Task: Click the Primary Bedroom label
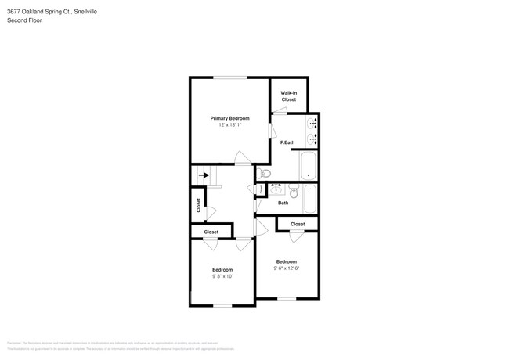click(229, 117)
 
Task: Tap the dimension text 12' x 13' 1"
click(229, 125)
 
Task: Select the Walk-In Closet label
click(288, 96)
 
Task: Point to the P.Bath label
click(287, 142)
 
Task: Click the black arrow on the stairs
click(205, 176)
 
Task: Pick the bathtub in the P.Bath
click(308, 164)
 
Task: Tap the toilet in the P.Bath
click(265, 173)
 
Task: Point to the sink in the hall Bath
click(276, 189)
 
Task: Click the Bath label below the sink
click(283, 203)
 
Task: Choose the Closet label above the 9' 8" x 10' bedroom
click(211, 232)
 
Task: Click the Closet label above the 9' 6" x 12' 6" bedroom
click(297, 225)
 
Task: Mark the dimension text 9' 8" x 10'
click(222, 276)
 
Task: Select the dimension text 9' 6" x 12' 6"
click(286, 268)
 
